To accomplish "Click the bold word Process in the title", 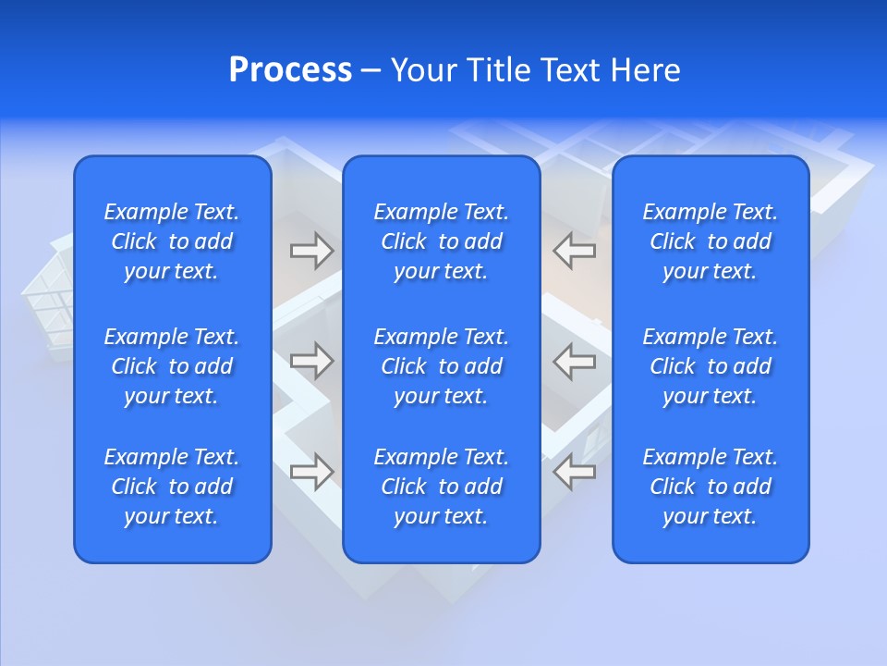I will tap(290, 70).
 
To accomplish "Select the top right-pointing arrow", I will tap(311, 250).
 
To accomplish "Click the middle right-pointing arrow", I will tap(311, 361).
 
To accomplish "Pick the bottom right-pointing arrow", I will tap(311, 472).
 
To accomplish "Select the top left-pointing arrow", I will tap(575, 250).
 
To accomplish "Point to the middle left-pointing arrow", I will tap(575, 361).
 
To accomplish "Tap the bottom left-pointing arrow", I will tap(575, 472).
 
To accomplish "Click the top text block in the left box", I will tap(172, 241).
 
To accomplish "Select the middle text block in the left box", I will tap(172, 366).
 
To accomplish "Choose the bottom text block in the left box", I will tap(172, 487).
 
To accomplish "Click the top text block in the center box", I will tap(441, 241).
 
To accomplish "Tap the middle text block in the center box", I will tap(441, 366).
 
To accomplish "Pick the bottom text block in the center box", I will tap(441, 487).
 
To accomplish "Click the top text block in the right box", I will tap(710, 241).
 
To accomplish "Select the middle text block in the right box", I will tap(710, 366).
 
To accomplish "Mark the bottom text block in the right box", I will tap(710, 487).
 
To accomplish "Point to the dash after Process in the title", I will tap(371, 71).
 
